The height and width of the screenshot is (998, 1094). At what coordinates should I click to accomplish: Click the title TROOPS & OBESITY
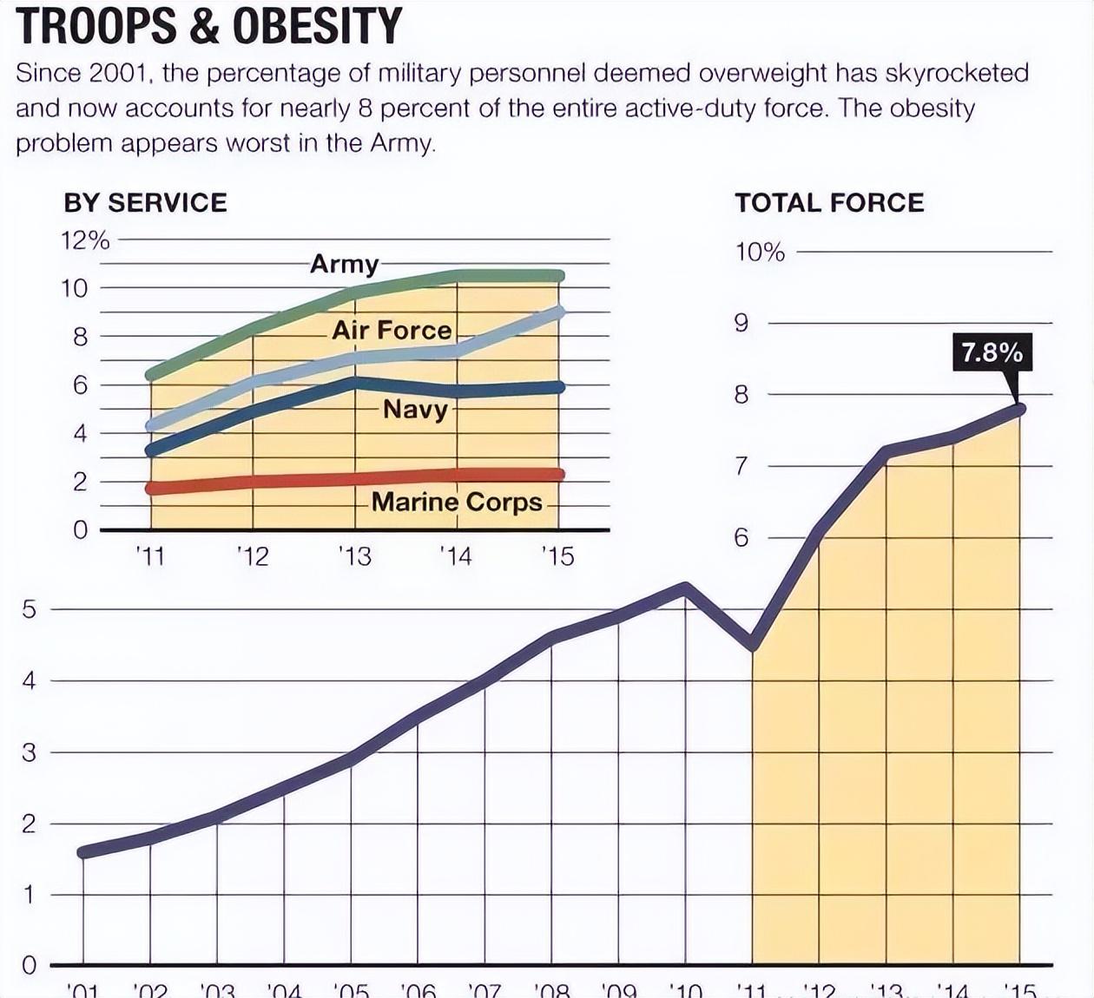tap(208, 25)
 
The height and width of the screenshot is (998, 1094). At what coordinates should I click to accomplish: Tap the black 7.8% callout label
tap(992, 352)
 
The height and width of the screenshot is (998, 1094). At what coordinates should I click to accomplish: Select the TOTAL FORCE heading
tap(829, 203)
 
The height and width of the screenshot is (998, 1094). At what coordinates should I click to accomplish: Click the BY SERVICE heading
tap(145, 203)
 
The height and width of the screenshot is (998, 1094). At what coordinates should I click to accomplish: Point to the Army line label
tap(344, 263)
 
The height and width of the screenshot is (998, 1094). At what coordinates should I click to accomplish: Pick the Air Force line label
tap(392, 330)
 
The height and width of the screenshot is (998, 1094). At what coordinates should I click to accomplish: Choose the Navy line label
tap(415, 409)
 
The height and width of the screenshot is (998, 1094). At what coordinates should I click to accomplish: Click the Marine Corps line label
tap(457, 502)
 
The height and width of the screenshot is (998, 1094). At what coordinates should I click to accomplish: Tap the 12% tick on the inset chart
tap(85, 240)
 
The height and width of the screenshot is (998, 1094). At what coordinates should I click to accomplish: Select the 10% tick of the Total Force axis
tap(760, 253)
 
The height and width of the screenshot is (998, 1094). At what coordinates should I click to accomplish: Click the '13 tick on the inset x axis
tap(354, 555)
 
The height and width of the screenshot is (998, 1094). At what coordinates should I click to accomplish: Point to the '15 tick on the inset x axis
tap(557, 555)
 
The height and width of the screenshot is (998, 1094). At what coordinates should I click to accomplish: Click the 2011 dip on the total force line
tap(753, 646)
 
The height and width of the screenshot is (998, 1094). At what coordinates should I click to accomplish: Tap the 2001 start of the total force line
tap(83, 852)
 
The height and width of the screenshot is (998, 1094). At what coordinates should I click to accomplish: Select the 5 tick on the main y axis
tap(30, 609)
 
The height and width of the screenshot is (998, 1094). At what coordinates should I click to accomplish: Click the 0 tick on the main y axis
tap(30, 965)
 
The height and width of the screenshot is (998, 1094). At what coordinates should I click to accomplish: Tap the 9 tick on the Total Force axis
tap(741, 324)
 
